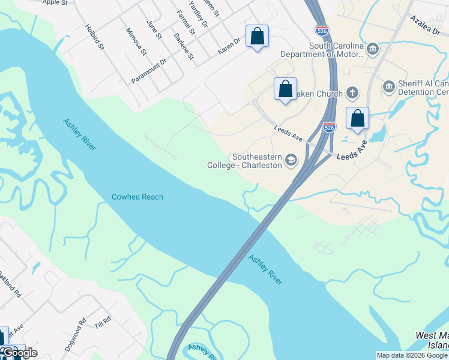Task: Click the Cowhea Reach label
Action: (137, 197)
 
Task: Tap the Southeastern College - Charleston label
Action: (244, 161)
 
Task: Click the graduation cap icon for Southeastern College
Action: (291, 160)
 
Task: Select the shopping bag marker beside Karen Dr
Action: (257, 36)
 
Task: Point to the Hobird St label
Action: (95, 37)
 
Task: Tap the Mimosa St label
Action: (136, 41)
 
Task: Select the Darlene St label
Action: (184, 47)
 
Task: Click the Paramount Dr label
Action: (149, 71)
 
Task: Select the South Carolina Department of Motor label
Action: (336, 50)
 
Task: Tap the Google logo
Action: (19, 352)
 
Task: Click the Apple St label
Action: (55, 2)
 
